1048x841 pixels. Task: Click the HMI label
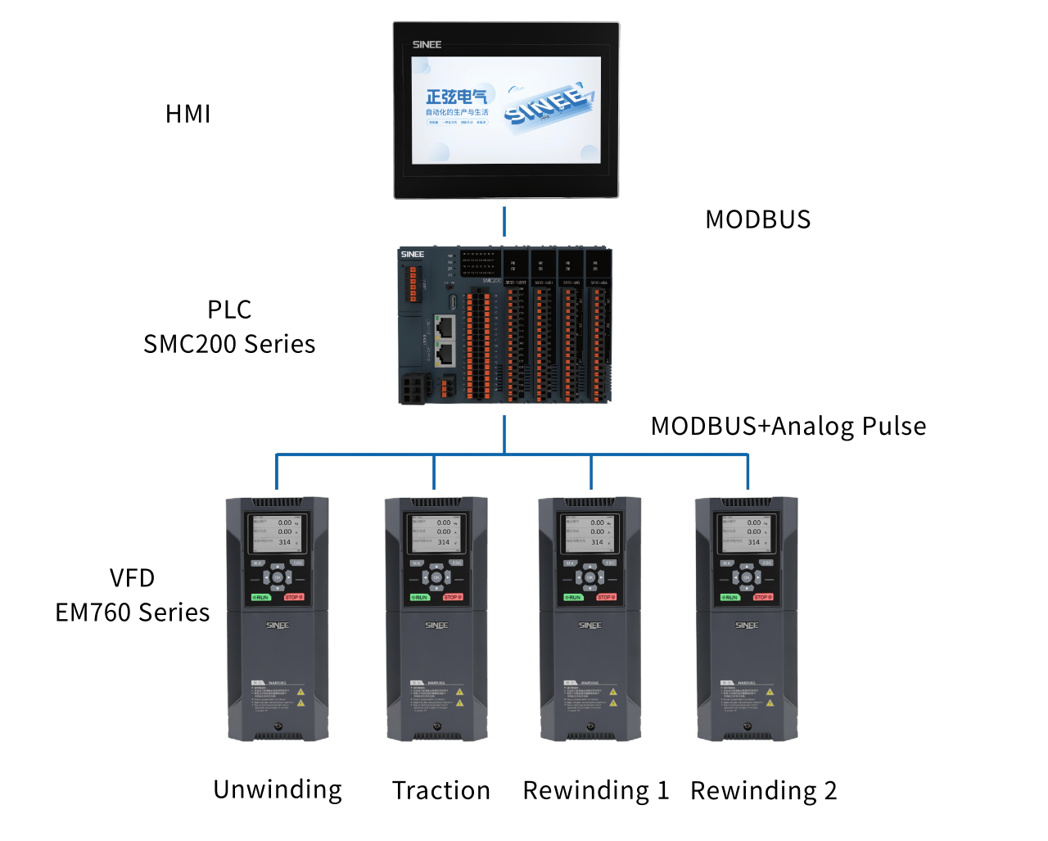click(x=188, y=114)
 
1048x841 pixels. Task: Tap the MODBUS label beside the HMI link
click(x=757, y=219)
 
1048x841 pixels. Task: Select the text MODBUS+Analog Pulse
click(x=788, y=426)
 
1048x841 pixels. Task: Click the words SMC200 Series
click(x=229, y=344)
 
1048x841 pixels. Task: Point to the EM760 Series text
click(x=133, y=613)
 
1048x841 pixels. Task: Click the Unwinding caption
click(x=278, y=789)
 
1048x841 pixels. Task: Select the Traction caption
click(x=440, y=790)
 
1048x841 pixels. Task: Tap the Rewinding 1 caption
click(x=596, y=790)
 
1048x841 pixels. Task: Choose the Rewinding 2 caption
click(x=763, y=790)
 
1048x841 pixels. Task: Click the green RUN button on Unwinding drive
click(x=260, y=597)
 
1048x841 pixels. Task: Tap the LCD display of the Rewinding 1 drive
click(x=589, y=532)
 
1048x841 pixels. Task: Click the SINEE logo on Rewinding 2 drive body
click(x=746, y=626)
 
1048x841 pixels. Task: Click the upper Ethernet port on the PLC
click(x=445, y=328)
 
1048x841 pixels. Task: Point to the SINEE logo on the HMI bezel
click(x=427, y=44)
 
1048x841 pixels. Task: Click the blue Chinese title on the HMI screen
click(x=456, y=97)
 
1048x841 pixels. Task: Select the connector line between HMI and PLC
click(x=504, y=222)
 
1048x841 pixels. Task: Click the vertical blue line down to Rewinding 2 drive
click(x=748, y=472)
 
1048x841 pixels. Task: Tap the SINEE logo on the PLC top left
click(x=413, y=255)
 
